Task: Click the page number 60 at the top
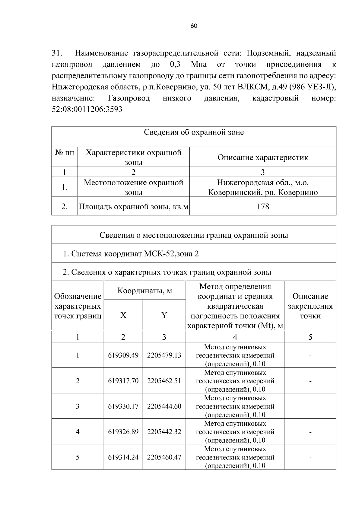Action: point(194,26)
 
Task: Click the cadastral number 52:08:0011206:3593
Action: point(87,109)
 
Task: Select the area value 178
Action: point(263,206)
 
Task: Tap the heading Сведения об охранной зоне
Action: point(194,132)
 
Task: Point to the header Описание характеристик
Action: point(263,157)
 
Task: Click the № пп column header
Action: point(65,153)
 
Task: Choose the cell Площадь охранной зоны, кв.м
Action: point(133,206)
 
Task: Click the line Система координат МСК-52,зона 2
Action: point(131,253)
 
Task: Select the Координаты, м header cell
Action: point(144,291)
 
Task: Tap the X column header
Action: point(123,315)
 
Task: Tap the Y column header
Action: point(164,315)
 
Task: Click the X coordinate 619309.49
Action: point(123,355)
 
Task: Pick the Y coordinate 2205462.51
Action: point(164,381)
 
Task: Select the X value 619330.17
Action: point(123,406)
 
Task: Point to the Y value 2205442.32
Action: point(164,432)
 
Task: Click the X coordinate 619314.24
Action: point(123,457)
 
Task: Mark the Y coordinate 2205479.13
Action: point(164,355)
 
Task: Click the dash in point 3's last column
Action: point(310,406)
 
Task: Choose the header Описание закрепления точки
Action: point(310,306)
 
